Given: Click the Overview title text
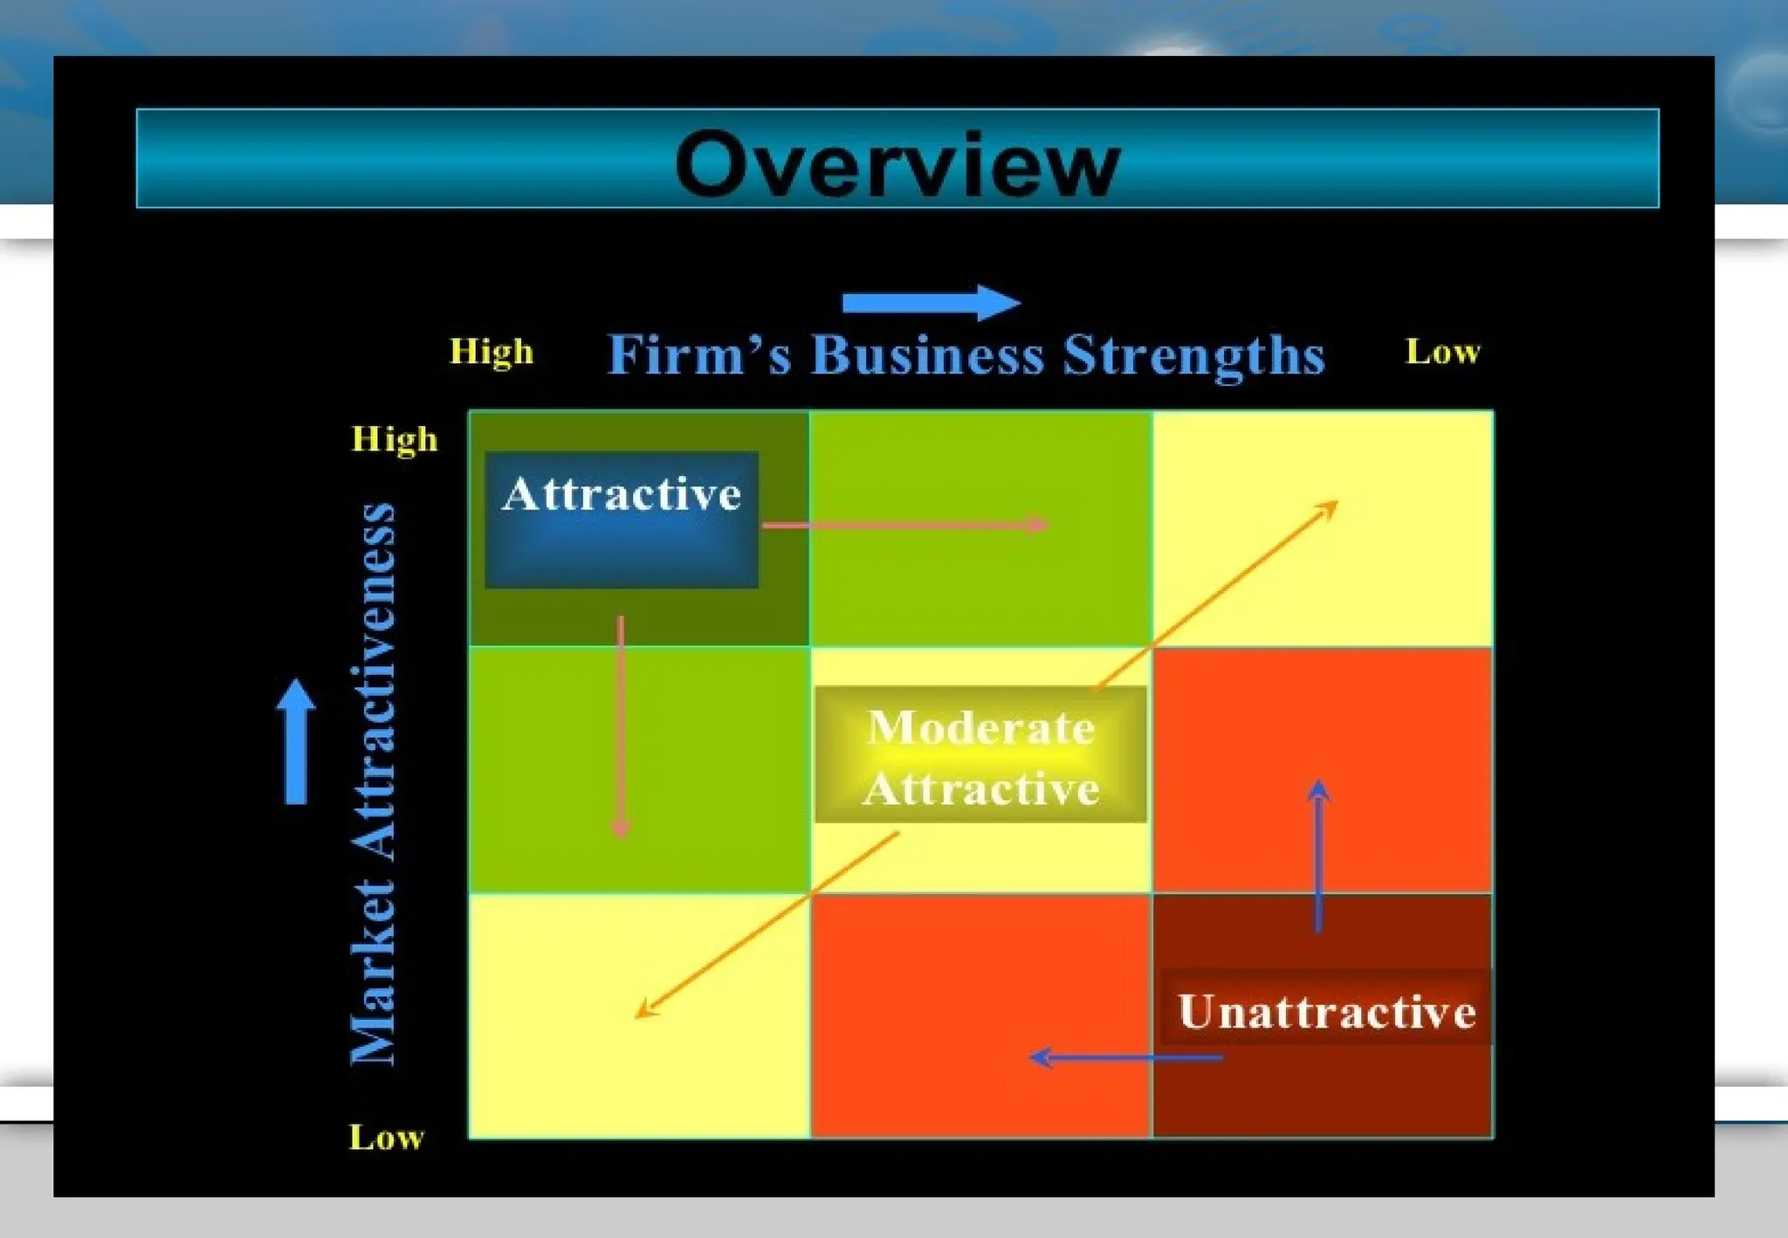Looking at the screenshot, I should (897, 163).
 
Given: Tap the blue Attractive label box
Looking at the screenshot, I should (621, 519).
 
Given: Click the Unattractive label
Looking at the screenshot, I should (1326, 1012).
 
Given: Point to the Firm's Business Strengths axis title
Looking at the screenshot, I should (966, 354).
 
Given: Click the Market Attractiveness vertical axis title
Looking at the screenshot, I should (373, 783).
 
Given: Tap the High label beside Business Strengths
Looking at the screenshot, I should (491, 352).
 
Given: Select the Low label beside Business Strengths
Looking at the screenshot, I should (1442, 352).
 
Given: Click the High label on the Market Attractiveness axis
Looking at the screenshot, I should (394, 439).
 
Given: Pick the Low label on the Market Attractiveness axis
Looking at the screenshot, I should (386, 1137).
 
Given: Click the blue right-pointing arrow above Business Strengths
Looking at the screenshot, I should (931, 303).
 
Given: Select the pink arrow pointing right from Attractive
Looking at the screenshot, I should (904, 526).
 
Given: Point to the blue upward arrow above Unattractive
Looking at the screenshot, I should (1318, 856).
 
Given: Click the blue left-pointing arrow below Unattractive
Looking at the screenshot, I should (1126, 1058).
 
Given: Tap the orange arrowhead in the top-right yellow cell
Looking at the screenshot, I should (1327, 509).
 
